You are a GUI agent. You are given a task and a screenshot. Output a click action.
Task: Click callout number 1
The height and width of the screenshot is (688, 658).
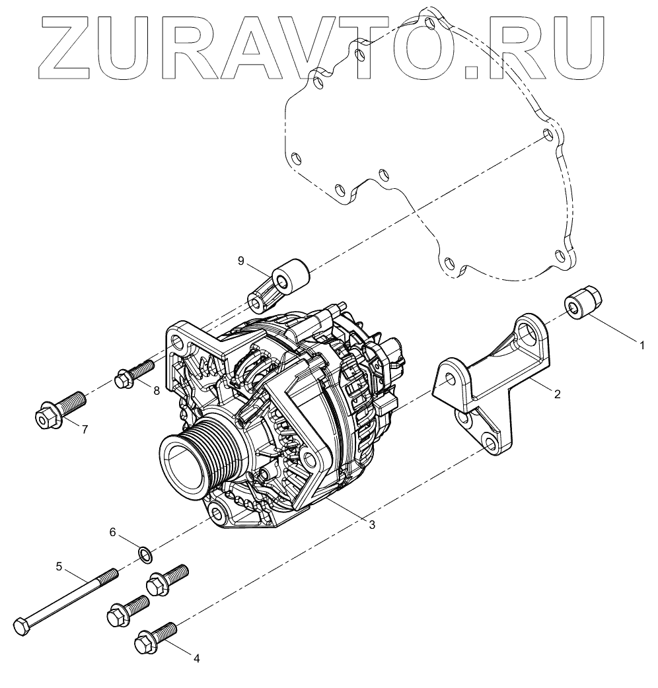point(640,344)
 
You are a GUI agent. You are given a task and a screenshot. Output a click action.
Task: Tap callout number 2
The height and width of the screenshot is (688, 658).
point(557,394)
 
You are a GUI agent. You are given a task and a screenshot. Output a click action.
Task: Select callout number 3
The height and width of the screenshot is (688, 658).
point(372,524)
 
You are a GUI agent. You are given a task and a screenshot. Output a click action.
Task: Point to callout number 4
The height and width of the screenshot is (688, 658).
point(195,658)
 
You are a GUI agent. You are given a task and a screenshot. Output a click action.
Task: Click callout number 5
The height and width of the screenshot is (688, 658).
point(59,566)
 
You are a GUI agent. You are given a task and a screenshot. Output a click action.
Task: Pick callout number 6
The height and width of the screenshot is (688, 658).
point(113,532)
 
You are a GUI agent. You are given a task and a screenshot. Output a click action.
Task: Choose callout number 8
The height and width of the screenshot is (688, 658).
point(157,390)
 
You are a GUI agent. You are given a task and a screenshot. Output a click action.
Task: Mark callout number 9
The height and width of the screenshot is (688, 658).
point(242,261)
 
